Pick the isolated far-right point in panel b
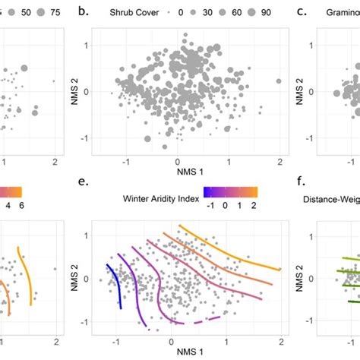pos(279,81)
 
